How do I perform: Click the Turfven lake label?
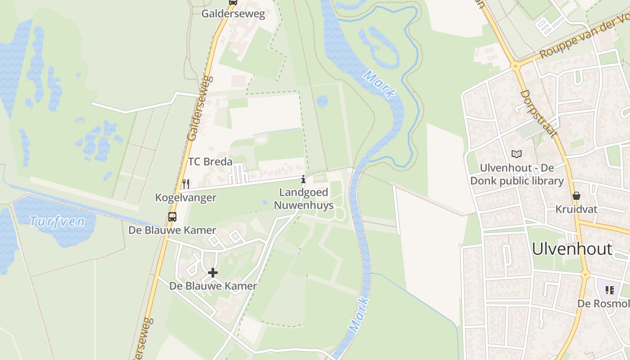pyautogui.click(x=57, y=221)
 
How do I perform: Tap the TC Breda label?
pyautogui.click(x=210, y=162)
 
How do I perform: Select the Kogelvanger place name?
pyautogui.click(x=185, y=198)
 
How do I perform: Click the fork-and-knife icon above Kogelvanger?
pyautogui.click(x=185, y=184)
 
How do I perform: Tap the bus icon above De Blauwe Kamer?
pyautogui.click(x=172, y=217)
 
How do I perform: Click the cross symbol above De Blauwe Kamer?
pyautogui.click(x=213, y=273)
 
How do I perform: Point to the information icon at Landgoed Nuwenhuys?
pyautogui.click(x=303, y=180)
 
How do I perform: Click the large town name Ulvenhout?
pyautogui.click(x=572, y=249)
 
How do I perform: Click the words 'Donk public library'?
pyautogui.click(x=517, y=181)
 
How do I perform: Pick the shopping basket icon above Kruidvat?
pyautogui.click(x=576, y=196)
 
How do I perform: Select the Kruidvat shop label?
pyautogui.click(x=576, y=209)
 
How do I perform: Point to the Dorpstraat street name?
pyautogui.click(x=538, y=113)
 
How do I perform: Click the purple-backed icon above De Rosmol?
pyautogui.click(x=610, y=290)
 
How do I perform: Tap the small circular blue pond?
pyautogui.click(x=322, y=101)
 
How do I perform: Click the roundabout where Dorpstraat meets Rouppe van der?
pyautogui.click(x=515, y=66)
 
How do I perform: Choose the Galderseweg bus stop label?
pyautogui.click(x=233, y=13)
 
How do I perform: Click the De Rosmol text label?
pyautogui.click(x=603, y=304)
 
